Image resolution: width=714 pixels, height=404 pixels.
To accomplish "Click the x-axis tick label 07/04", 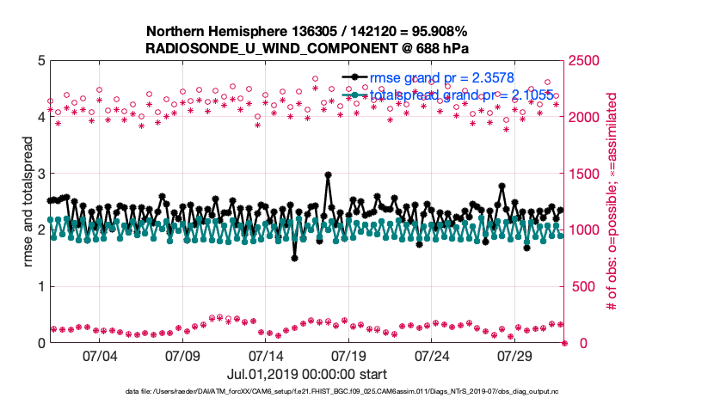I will pos(99,355).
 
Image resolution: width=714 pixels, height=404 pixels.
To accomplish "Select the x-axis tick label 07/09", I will pos(182,355).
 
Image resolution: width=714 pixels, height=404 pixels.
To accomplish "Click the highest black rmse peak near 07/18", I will pos(329,174).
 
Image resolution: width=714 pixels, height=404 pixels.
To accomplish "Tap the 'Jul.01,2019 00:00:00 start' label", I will pos(307,374).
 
